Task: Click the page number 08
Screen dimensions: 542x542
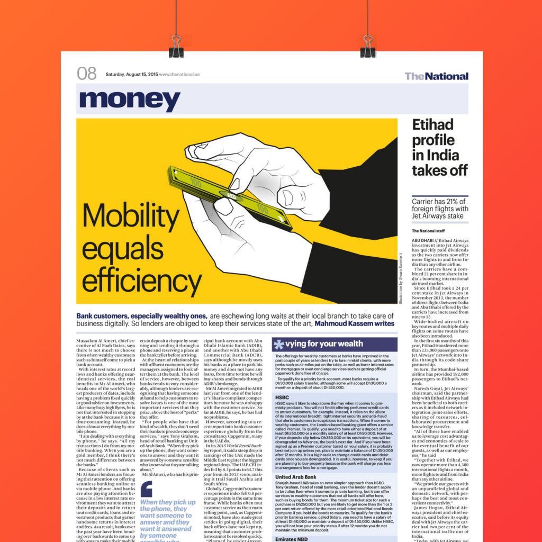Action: (x=86, y=74)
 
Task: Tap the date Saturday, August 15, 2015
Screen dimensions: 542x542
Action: (x=131, y=75)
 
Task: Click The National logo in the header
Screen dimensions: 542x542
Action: (x=436, y=76)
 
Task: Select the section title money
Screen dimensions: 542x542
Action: (x=130, y=100)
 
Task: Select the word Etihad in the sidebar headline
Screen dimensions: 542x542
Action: (x=433, y=125)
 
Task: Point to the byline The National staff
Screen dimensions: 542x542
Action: (x=431, y=231)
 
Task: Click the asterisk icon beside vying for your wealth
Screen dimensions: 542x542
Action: (x=278, y=344)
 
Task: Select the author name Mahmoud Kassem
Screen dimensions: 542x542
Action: (x=354, y=323)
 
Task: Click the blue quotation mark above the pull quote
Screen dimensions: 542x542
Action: (x=146, y=490)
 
